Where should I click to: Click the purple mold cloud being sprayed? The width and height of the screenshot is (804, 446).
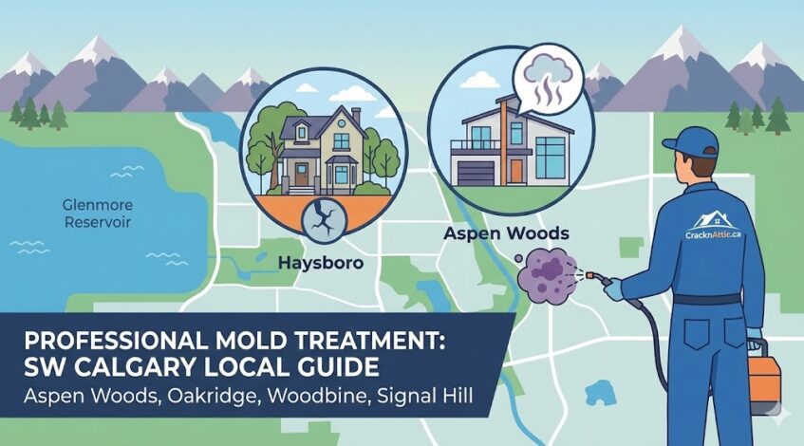547,275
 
